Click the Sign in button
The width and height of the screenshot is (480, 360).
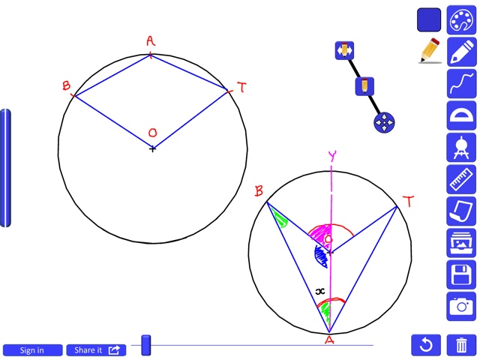[x=32, y=349]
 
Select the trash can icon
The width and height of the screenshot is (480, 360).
[x=461, y=345]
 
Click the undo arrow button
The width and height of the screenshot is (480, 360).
[x=425, y=345]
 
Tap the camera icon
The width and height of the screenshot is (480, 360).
[x=461, y=305]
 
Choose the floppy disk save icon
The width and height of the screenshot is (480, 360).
[x=461, y=274]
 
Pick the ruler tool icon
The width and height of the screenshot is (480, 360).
[x=461, y=179]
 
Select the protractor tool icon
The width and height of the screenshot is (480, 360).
[x=461, y=115]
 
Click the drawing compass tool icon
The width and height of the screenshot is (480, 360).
[x=461, y=147]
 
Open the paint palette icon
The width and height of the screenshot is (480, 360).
[x=461, y=21]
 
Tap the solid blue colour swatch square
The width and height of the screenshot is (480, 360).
[x=429, y=20]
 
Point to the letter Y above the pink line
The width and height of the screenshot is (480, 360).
[x=331, y=157]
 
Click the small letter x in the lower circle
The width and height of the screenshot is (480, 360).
[x=320, y=291]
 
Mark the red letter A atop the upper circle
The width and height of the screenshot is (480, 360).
[x=151, y=41]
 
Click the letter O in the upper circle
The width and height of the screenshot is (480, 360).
[x=152, y=133]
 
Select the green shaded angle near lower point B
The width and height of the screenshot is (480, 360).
[x=280, y=220]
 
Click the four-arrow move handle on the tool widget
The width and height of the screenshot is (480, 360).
[x=384, y=122]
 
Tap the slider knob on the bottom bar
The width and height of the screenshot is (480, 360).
[x=146, y=345]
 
